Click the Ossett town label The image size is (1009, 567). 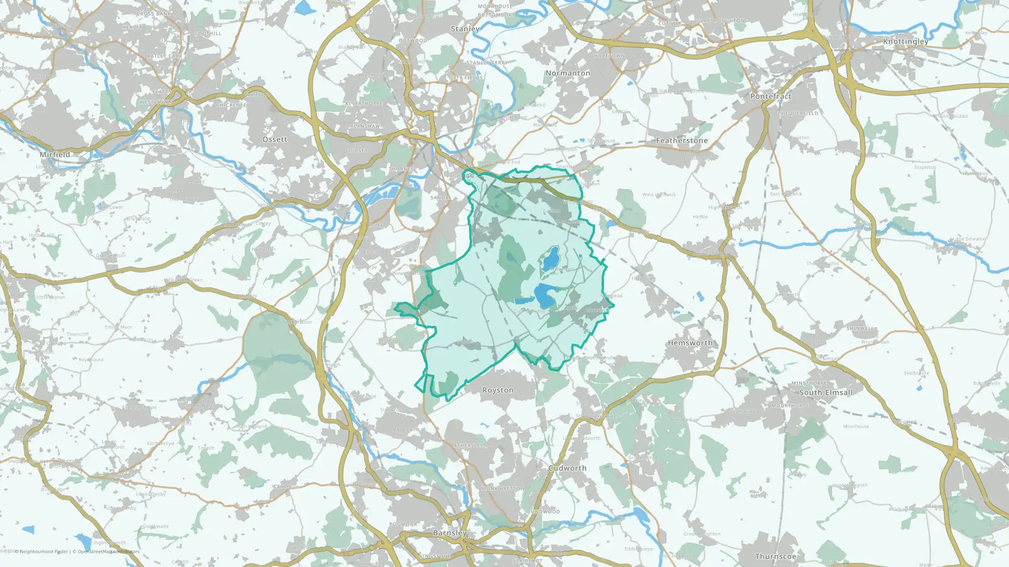275,140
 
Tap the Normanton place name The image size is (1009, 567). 568,73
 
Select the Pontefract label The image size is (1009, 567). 770,96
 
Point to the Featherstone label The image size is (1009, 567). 682,141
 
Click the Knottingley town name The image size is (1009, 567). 906,41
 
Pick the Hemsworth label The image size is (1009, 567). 690,343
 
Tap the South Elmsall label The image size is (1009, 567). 826,393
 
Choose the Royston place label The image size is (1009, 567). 498,390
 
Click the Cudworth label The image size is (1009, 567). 568,468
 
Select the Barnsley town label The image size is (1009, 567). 450,533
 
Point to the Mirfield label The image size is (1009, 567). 55,155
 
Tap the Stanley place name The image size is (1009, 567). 465,29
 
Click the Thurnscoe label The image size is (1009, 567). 775,556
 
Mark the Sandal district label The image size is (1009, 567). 440,198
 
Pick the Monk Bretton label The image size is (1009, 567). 503,489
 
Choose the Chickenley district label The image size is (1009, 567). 233,105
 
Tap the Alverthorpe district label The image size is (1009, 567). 364,103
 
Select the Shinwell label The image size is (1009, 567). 860,329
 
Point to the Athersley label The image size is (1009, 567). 469,446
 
